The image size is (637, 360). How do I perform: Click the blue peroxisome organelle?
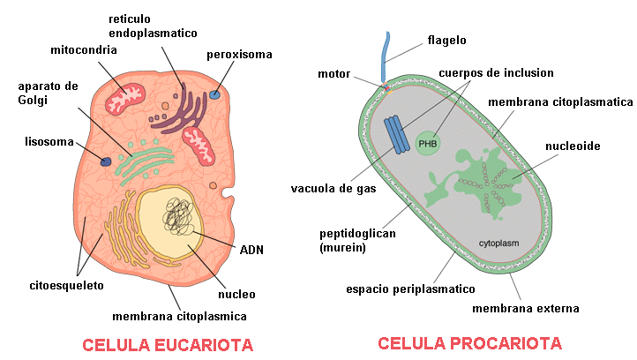[214, 95]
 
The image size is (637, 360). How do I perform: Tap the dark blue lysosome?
[106, 161]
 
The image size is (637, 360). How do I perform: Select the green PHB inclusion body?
[427, 144]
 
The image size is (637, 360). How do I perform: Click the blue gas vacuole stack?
[397, 135]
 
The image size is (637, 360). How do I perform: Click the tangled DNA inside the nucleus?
[178, 216]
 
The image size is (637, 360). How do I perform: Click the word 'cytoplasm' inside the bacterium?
[498, 244]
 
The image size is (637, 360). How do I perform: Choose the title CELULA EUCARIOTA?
[168, 345]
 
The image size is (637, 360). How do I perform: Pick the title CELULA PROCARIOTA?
[469, 344]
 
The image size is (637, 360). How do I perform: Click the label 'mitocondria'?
[84, 50]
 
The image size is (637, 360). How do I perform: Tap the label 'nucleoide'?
[573, 146]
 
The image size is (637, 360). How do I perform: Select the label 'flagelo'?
[447, 41]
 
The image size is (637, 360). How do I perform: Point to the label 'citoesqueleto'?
[67, 286]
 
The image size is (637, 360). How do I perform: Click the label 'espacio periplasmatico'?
[410, 289]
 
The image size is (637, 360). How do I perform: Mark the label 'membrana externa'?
[525, 309]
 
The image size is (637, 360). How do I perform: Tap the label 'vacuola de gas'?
[333, 189]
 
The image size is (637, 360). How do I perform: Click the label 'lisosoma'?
[49, 142]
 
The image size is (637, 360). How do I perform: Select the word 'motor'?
[333, 74]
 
